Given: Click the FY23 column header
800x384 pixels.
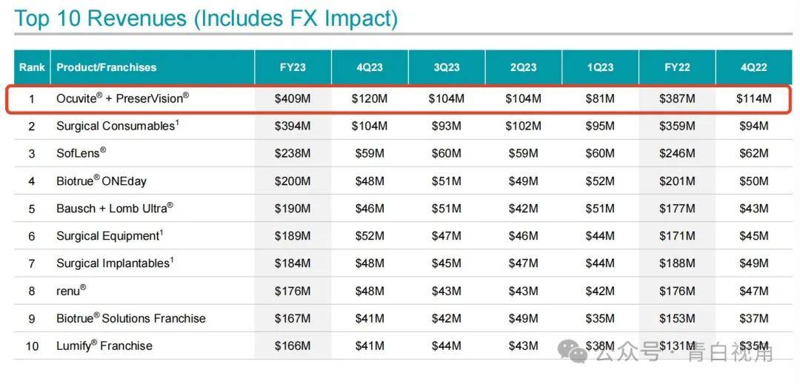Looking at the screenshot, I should [x=293, y=67].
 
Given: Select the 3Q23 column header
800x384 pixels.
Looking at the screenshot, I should [x=446, y=67].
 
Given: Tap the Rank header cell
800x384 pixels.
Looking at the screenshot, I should [x=32, y=67].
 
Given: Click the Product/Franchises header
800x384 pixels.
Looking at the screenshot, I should [x=107, y=67].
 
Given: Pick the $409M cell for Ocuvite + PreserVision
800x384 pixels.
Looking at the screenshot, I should [x=293, y=98].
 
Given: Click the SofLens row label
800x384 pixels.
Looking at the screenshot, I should [x=81, y=153].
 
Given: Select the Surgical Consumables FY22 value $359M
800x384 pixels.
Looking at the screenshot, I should [x=677, y=127].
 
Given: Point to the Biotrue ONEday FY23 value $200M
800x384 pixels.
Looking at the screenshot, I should [x=293, y=181].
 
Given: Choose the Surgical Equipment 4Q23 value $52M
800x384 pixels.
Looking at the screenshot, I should [x=370, y=236].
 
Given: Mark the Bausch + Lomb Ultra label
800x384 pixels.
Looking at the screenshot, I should [x=115, y=209].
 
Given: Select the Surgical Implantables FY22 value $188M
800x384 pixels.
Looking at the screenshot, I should [x=677, y=263].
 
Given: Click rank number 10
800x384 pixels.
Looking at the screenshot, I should [x=32, y=346].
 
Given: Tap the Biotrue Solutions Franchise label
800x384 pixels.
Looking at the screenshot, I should [x=131, y=318].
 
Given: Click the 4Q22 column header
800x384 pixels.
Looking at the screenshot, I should [x=753, y=67].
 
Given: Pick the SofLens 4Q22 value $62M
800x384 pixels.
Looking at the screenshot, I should [x=753, y=154].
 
